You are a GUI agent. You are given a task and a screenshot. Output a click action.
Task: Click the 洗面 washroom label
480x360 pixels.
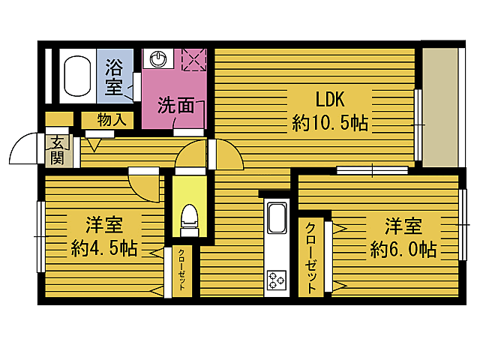(x=176, y=106)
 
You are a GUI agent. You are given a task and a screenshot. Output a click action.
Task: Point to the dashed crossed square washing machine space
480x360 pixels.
(x=194, y=58)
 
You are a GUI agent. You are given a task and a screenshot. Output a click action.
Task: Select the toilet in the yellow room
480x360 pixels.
(x=190, y=217)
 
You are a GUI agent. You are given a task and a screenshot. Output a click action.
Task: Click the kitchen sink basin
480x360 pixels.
(x=276, y=218)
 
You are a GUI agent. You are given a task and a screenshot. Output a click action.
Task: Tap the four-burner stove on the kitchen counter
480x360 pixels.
(x=276, y=280)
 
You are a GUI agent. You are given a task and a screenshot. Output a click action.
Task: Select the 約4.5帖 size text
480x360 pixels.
(x=104, y=247)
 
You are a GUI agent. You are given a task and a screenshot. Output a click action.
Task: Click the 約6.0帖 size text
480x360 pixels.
(x=403, y=248)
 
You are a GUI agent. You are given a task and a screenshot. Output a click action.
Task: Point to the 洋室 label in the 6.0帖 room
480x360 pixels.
(x=403, y=224)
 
